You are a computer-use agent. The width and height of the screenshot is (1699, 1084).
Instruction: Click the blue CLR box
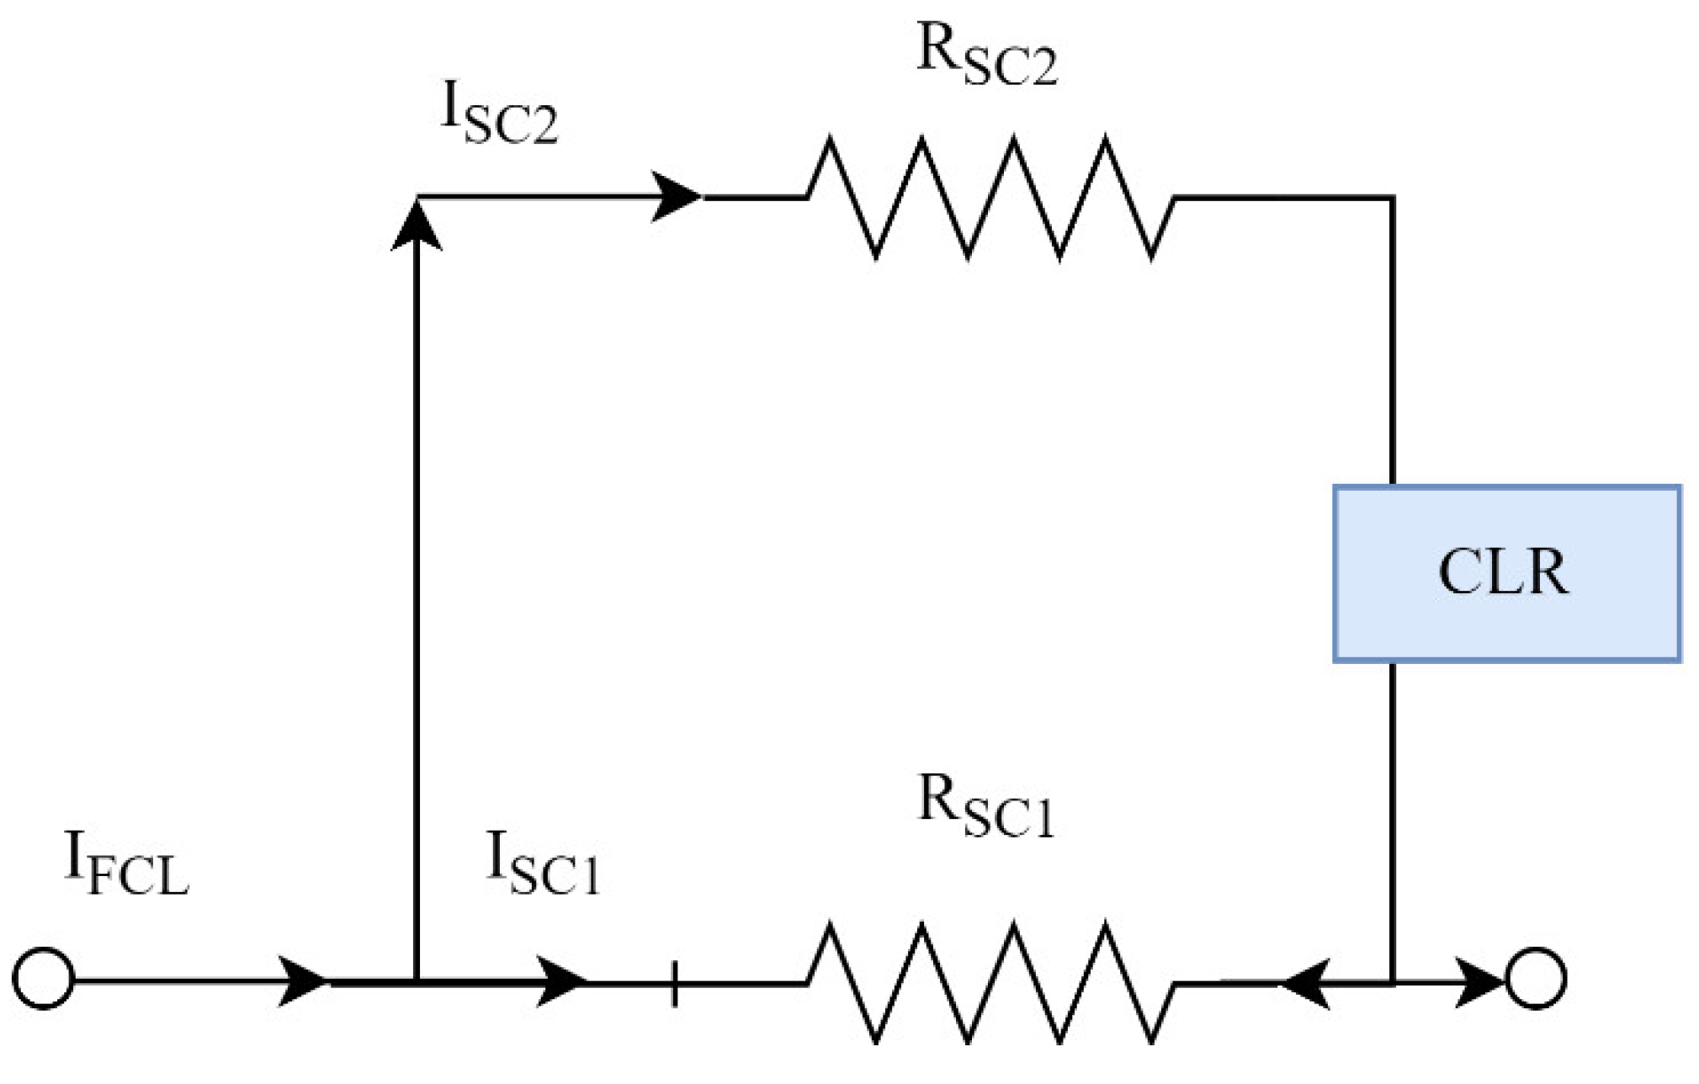pyautogui.click(x=1506, y=573)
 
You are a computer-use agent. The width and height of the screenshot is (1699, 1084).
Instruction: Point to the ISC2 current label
pyautogui.click(x=498, y=117)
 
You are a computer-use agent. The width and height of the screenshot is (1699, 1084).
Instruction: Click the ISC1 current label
pyautogui.click(x=543, y=865)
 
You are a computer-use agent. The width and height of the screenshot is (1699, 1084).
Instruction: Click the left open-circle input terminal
pyautogui.click(x=44, y=978)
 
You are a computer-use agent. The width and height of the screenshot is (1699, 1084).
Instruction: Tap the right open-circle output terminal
pyautogui.click(x=1536, y=978)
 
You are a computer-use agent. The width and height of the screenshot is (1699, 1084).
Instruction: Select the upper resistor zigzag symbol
pyautogui.click(x=990, y=197)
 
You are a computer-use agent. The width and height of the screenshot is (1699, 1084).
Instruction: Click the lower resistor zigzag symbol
pyautogui.click(x=990, y=981)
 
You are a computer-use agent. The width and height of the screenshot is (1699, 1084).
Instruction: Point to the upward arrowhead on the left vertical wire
pyautogui.click(x=417, y=226)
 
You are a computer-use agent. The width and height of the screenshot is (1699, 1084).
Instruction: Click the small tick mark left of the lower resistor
pyautogui.click(x=674, y=983)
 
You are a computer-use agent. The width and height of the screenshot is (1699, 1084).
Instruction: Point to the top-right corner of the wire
pyautogui.click(x=1393, y=198)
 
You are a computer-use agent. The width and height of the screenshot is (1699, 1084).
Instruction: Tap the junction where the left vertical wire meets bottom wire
pyautogui.click(x=417, y=981)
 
